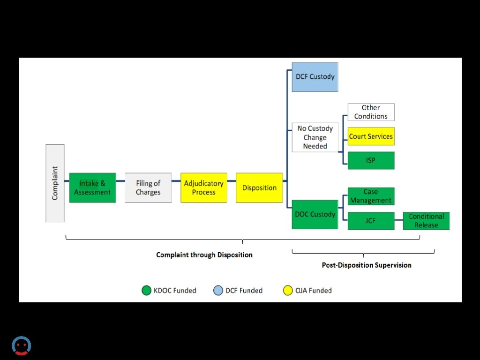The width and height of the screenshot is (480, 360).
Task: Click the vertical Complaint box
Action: click(55, 183)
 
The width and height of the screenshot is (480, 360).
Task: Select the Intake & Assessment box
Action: click(92, 187)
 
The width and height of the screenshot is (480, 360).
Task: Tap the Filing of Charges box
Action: click(148, 187)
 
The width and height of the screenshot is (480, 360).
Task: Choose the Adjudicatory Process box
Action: click(203, 187)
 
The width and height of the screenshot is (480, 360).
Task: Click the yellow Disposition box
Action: click(259, 187)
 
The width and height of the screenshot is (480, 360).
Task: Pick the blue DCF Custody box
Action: click(315, 77)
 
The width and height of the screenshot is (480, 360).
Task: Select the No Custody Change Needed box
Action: click(315, 137)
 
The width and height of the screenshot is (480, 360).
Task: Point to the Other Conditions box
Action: click(371, 112)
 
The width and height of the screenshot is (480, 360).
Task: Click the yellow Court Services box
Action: click(371, 136)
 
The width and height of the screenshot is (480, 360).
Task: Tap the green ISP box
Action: click(371, 160)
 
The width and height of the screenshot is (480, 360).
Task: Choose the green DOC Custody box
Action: click(315, 214)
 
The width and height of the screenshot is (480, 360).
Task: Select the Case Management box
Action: click(371, 196)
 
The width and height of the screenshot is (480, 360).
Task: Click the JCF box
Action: click(371, 220)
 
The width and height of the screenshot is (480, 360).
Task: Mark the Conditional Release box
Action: click(426, 220)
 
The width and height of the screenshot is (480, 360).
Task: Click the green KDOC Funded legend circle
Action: click(147, 291)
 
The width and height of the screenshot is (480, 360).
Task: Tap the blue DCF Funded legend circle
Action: click(218, 291)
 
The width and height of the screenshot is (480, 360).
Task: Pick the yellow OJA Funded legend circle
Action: click(288, 291)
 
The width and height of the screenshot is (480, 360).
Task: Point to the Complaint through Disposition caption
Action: click(204, 255)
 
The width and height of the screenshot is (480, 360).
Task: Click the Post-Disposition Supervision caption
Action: click(367, 265)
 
